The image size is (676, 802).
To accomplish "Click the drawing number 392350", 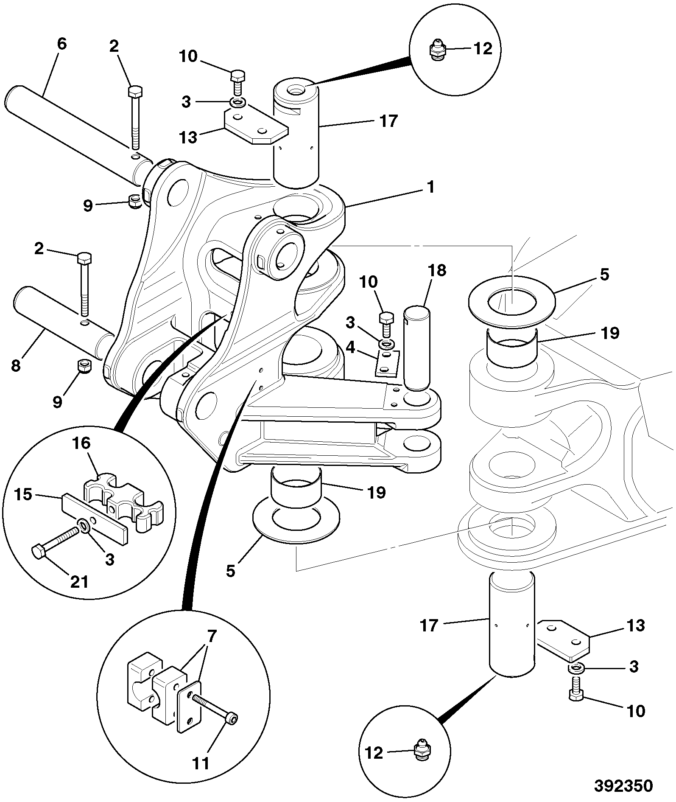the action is coord(623,785).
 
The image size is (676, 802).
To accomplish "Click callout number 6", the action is coord(61,44).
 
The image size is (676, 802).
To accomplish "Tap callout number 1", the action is coord(430,187).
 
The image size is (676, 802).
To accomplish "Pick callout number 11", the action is coord(201,763).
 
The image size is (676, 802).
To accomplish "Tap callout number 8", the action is coord(16,365).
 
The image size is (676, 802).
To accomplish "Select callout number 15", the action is coord(23,494).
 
